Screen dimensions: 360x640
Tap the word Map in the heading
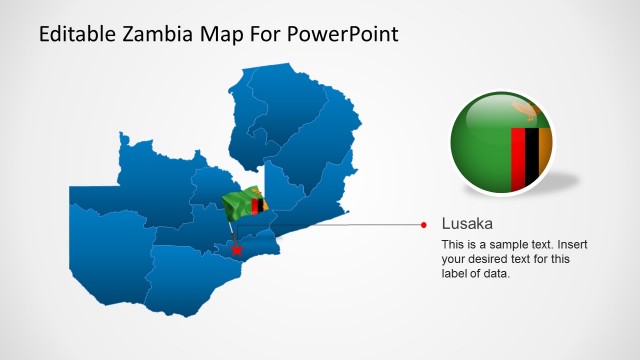click(224, 34)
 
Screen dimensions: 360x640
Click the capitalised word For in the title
click(267, 34)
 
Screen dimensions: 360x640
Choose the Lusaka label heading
click(467, 224)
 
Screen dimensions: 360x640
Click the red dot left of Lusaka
click(424, 224)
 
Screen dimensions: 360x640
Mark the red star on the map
click(236, 250)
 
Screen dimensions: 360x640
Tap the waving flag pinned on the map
click(244, 204)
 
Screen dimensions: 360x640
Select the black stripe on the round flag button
click(532, 155)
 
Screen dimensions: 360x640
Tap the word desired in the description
click(490, 259)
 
